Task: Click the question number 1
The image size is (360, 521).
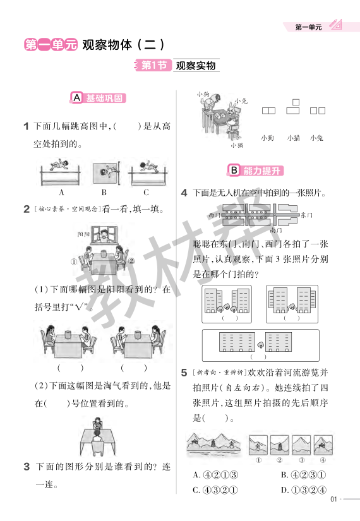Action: (27, 126)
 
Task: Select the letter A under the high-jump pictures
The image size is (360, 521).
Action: (62, 193)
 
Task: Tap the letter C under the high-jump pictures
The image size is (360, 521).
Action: (146, 193)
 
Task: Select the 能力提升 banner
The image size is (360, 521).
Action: (256, 171)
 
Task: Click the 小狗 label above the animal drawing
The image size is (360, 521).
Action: (203, 94)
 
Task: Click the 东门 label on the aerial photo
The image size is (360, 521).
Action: (306, 215)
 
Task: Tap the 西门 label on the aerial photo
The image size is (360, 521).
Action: (213, 215)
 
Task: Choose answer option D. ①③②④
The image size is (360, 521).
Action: (304, 489)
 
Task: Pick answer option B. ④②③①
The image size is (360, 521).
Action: (304, 474)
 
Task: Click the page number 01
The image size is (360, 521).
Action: (334, 502)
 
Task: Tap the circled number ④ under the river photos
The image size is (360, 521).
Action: (321, 460)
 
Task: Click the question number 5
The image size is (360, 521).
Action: (184, 373)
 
